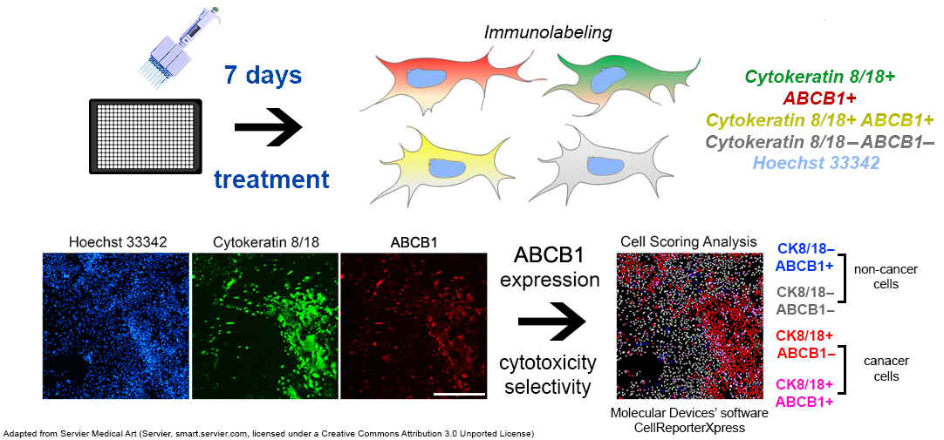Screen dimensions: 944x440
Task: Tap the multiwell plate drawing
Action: [145, 135]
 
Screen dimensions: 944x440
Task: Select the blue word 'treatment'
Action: [273, 179]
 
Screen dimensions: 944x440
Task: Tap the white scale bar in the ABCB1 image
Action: [459, 394]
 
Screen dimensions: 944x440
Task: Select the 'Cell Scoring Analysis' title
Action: [689, 243]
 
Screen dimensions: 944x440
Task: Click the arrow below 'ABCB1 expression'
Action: [552, 322]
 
